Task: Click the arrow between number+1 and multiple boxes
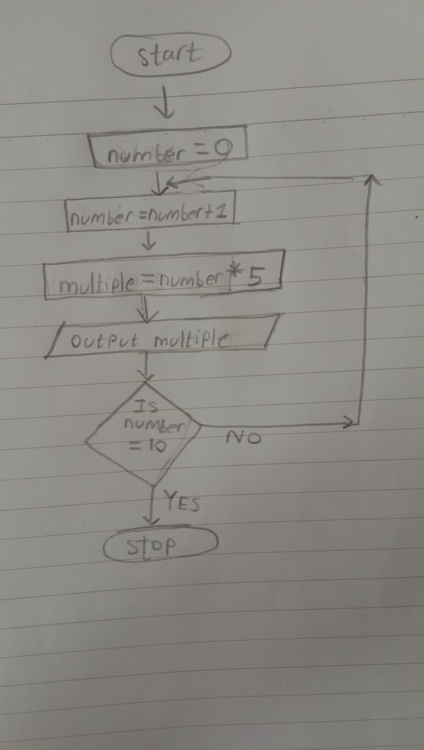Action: click(x=149, y=241)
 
